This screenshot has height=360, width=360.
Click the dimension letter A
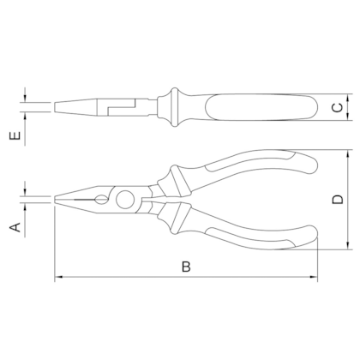point(15,226)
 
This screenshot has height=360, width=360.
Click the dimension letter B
point(186,267)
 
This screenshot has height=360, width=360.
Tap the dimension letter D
point(337,201)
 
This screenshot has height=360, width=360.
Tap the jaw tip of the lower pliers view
point(57,200)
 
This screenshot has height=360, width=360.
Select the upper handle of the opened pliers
point(249,167)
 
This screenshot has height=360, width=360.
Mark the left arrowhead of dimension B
point(57,278)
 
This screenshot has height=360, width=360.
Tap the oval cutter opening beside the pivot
point(104,202)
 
